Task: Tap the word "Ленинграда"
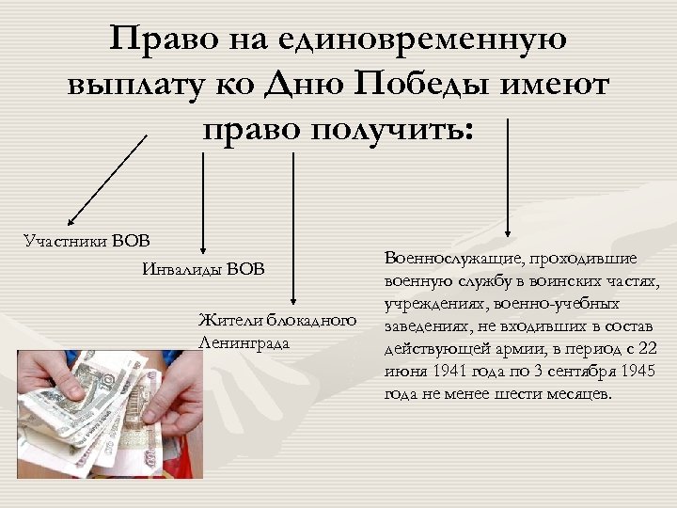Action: click(x=245, y=342)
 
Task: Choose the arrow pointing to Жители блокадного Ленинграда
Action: click(x=294, y=226)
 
